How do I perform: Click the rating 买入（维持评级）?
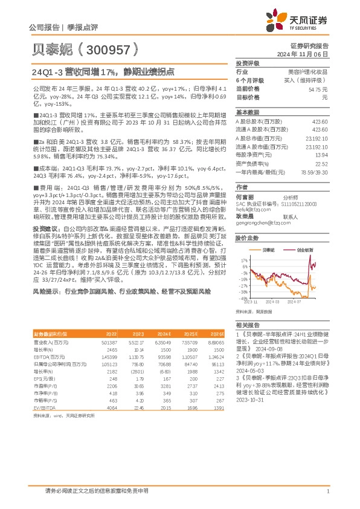click(310, 80)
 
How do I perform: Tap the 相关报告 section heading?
click(247, 325)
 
